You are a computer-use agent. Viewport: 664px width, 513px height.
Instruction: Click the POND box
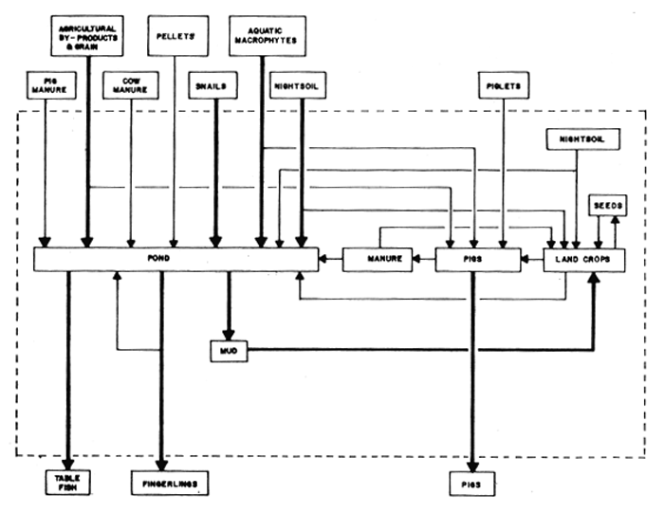[176, 259]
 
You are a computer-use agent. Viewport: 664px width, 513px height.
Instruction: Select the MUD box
[228, 351]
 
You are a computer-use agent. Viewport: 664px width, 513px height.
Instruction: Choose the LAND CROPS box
[583, 259]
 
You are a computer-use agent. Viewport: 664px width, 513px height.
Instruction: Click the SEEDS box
[607, 206]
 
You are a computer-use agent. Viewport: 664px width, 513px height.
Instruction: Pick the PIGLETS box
[503, 86]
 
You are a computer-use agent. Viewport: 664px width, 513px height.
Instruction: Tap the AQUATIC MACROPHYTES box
[267, 36]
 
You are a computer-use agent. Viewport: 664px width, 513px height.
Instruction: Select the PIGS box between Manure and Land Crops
[477, 259]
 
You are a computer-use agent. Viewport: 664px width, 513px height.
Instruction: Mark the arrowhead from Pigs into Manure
[414, 259]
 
